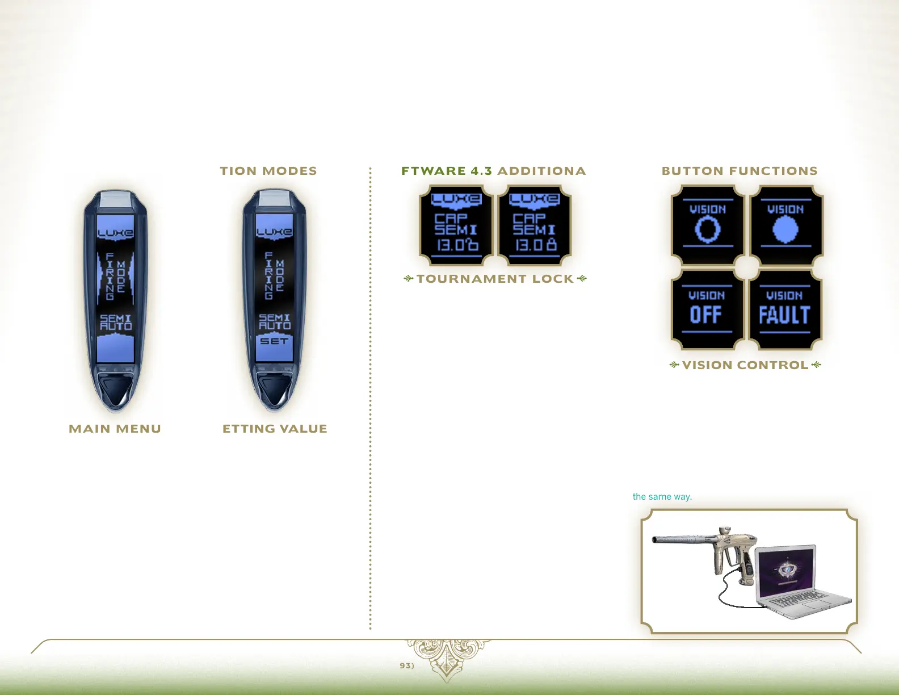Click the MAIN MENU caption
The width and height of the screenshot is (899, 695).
[115, 429]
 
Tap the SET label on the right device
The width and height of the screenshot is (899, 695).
[274, 341]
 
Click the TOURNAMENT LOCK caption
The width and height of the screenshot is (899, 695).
[495, 279]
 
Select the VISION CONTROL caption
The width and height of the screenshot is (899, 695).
[745, 365]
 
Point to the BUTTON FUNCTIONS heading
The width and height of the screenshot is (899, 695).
[740, 171]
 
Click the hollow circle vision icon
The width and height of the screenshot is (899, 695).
[708, 230]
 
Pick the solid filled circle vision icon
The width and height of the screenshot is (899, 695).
[785, 230]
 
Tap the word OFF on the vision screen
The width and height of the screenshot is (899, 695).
[706, 315]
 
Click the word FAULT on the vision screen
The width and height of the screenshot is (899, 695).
[784, 315]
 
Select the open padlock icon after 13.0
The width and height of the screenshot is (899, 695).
[472, 244]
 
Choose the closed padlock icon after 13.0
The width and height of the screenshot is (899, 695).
[551, 244]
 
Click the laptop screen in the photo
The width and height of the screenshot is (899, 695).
[786, 570]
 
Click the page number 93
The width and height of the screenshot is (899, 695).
[406, 665]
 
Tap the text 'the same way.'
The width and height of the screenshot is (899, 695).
[662, 497]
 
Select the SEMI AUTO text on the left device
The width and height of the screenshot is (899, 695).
[116, 323]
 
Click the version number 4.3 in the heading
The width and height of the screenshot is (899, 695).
[481, 171]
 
